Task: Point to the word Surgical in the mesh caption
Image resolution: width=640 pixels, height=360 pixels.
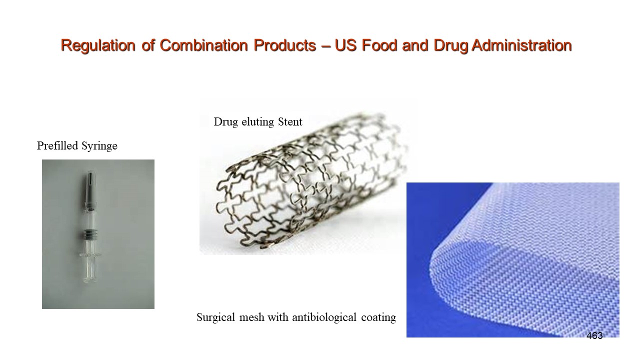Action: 215,317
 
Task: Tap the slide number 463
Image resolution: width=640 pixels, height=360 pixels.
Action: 594,336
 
